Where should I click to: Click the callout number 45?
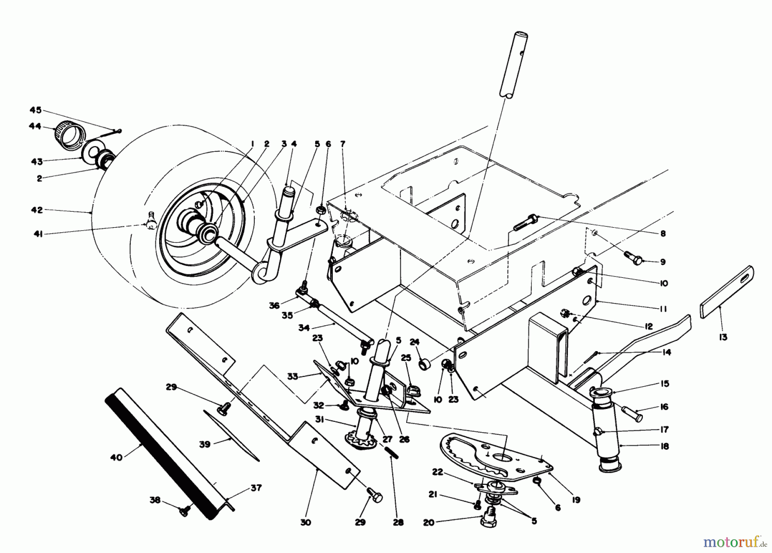[x=35, y=110]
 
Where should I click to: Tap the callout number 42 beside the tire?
[x=37, y=210]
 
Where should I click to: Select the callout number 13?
[x=723, y=337]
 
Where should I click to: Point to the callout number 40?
[x=116, y=457]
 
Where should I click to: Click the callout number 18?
[x=664, y=446]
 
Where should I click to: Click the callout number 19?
[x=576, y=499]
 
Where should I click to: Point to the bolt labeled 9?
[x=633, y=258]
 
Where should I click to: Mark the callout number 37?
[x=256, y=488]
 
